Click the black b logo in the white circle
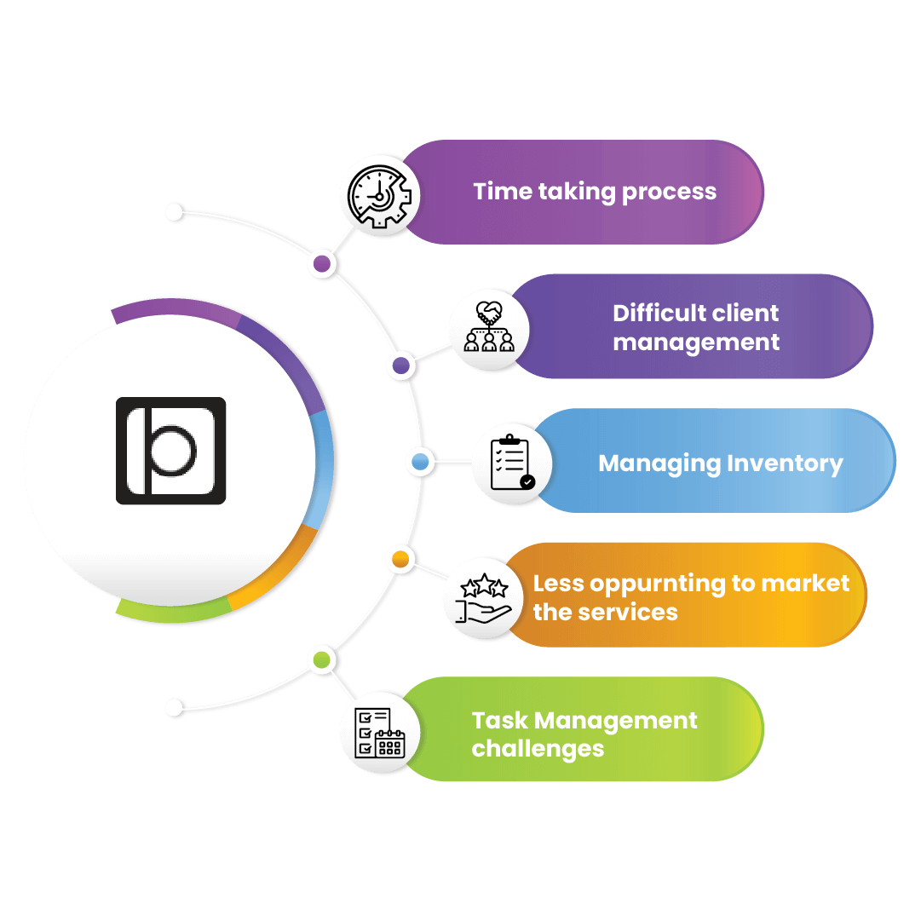pyautogui.click(x=170, y=450)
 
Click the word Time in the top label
pyautogui.click(x=502, y=192)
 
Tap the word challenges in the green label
pyautogui.click(x=538, y=749)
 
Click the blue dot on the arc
pyautogui.click(x=420, y=462)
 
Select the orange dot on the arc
pyautogui.click(x=400, y=560)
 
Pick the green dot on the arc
pyautogui.click(x=321, y=659)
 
